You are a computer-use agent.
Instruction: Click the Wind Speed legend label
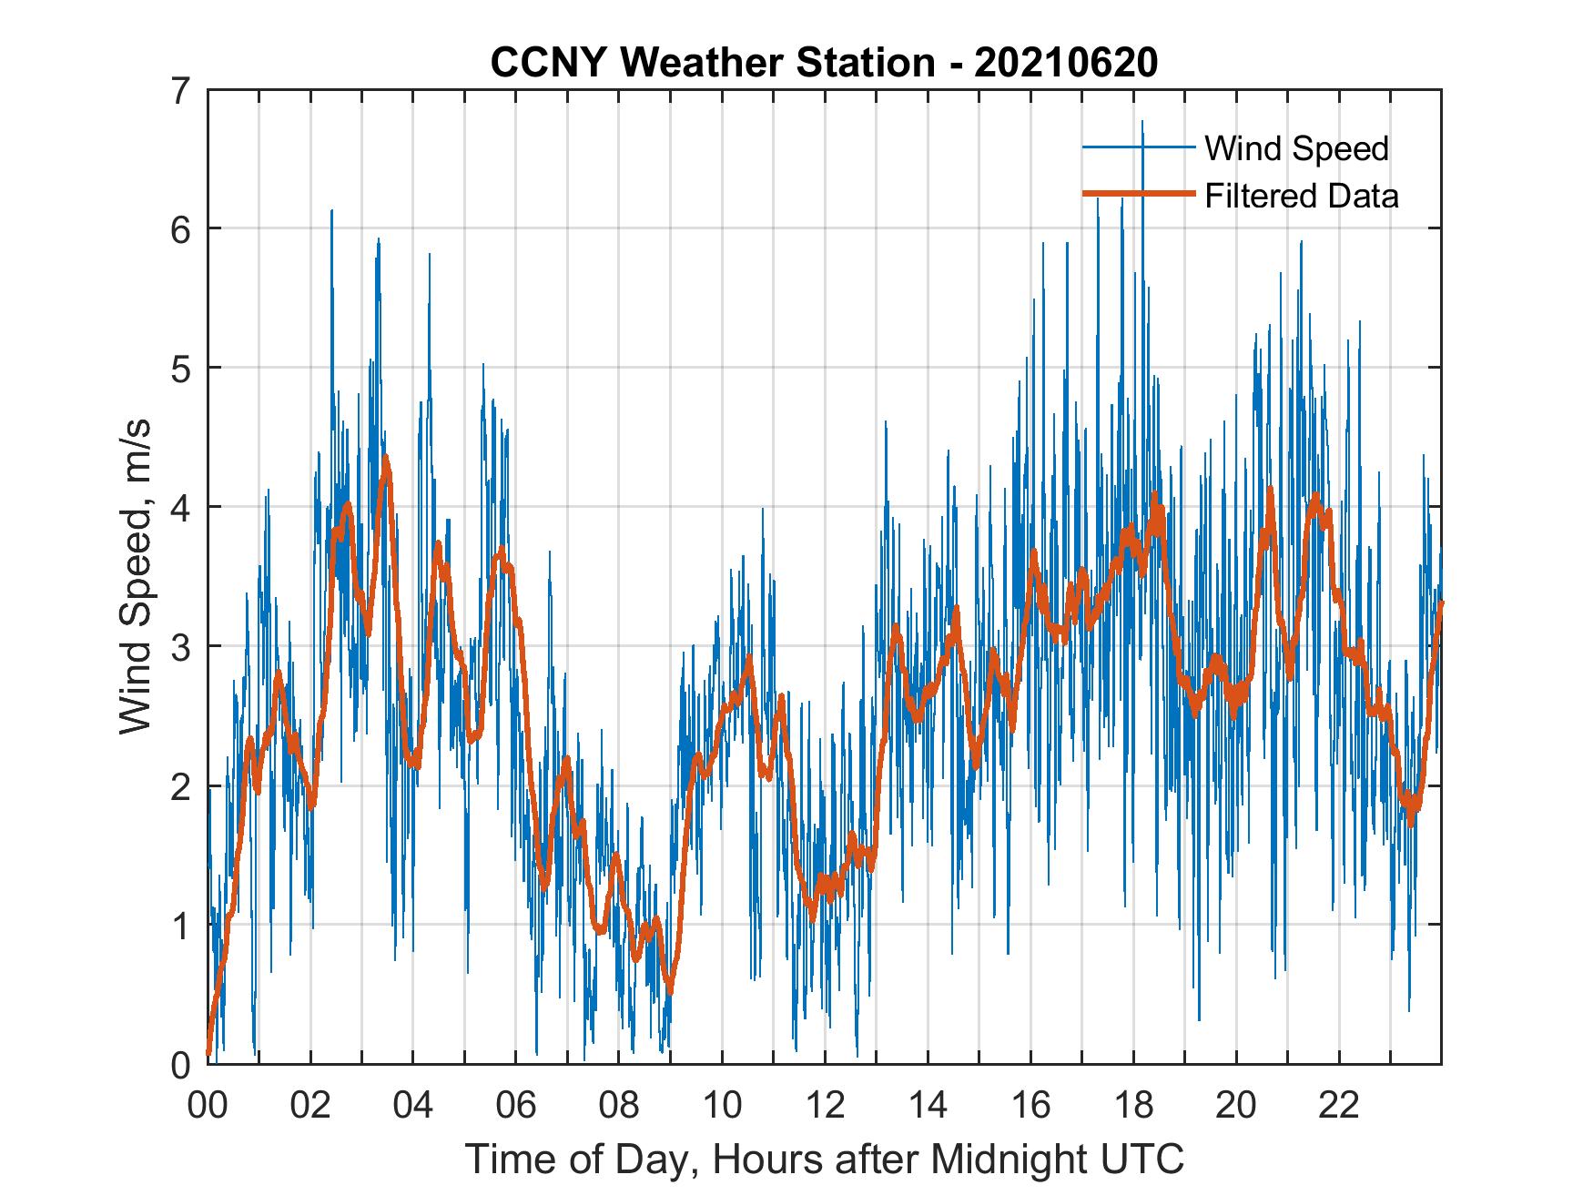pos(1297,148)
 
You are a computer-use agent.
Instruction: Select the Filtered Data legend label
pos(1302,196)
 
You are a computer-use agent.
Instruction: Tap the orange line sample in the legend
pos(1138,195)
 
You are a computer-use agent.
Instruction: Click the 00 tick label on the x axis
pos(208,1107)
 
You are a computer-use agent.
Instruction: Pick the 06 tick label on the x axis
pos(516,1107)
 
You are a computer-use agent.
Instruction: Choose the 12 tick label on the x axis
pos(824,1107)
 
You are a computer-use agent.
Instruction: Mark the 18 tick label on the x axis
pos(1133,1107)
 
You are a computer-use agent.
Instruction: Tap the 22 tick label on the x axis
pos(1339,1107)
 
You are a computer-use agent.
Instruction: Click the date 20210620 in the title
pos(1066,63)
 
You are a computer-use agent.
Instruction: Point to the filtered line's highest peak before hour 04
pos(386,458)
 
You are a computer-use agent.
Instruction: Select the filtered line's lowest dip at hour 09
pos(671,989)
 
